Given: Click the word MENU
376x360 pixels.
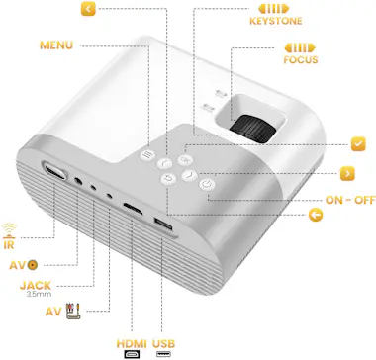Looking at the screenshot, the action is [56, 45].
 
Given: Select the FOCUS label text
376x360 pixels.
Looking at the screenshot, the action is [302, 57].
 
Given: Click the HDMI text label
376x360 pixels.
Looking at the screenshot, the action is [131, 344].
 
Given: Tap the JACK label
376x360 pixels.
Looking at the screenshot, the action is [36, 285].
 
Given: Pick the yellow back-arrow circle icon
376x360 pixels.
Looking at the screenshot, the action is [315, 215].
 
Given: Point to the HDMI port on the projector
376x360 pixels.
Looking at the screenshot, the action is [132, 211].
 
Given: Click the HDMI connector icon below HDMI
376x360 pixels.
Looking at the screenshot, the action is [131, 354].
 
